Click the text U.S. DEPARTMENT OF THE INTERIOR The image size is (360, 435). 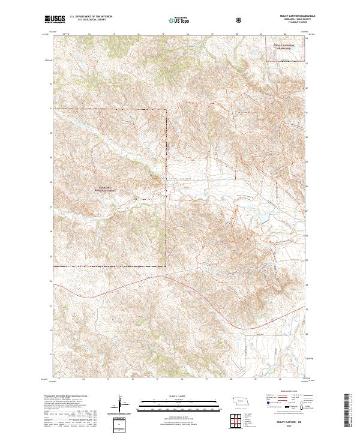click(x=89, y=17)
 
